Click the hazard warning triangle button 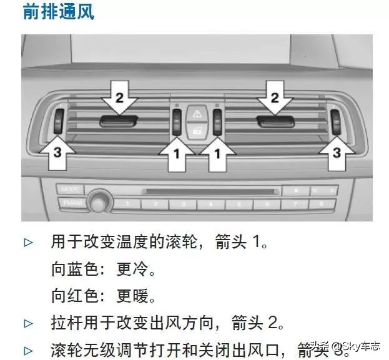pos(196,114)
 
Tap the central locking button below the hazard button pos(196,130)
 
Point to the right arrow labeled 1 pos(218,152)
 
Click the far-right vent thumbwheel pos(337,119)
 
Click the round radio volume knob pos(97,201)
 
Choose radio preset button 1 pos(128,204)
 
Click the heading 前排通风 pos(59,12)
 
